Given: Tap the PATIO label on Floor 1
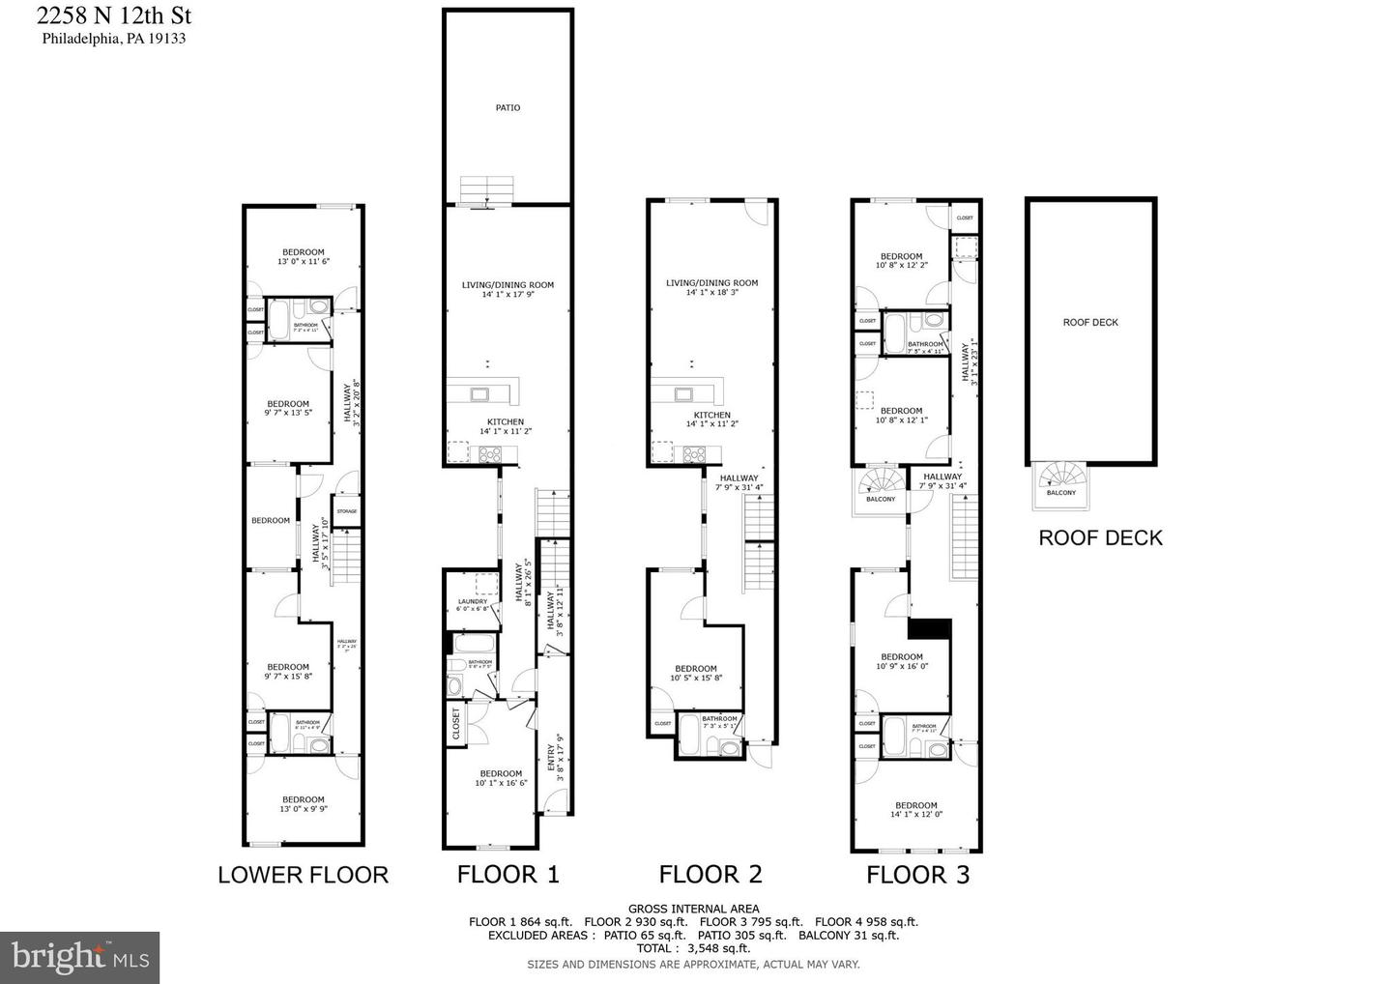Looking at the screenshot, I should (507, 107).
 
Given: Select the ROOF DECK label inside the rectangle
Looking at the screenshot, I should (1090, 322).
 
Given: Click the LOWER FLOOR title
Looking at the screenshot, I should (303, 875).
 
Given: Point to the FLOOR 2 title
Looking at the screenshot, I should (710, 875).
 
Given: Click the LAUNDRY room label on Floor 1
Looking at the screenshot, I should (473, 601).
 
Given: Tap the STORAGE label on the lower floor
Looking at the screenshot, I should (346, 511).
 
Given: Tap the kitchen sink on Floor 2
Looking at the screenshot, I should (684, 393).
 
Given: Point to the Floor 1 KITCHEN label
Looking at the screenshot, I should (505, 421).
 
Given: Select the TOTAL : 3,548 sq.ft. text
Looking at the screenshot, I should (693, 948).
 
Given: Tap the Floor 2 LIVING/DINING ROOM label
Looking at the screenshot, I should (711, 283).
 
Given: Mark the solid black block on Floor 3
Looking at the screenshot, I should (930, 628).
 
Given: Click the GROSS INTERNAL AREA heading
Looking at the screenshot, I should (693, 909).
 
